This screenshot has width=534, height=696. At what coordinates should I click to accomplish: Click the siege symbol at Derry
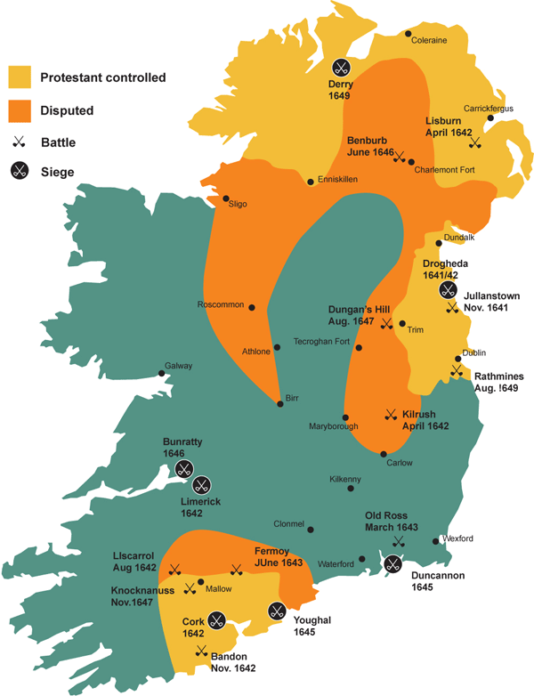pyautogui.click(x=341, y=67)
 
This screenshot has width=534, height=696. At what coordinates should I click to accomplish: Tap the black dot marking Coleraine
pyautogui.click(x=409, y=34)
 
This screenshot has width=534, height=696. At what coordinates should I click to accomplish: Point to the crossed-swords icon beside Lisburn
pyautogui.click(x=475, y=142)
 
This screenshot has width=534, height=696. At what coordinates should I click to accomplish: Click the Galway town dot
pyautogui.click(x=161, y=373)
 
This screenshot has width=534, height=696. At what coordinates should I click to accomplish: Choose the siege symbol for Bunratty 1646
pyautogui.click(x=183, y=469)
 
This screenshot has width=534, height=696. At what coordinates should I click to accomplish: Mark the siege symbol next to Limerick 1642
pyautogui.click(x=202, y=485)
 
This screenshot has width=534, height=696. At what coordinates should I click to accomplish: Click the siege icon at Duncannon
pyautogui.click(x=392, y=562)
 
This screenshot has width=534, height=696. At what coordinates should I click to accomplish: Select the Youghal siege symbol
pyautogui.click(x=277, y=611)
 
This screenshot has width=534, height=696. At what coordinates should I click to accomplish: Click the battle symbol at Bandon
pyautogui.click(x=202, y=650)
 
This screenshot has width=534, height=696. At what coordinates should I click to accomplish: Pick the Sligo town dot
pyautogui.click(x=225, y=198)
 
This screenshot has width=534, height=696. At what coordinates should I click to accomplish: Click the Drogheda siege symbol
pyautogui.click(x=447, y=289)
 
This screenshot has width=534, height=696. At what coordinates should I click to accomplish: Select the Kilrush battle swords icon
pyautogui.click(x=389, y=414)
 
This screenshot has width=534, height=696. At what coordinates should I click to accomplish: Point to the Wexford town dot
pyautogui.click(x=435, y=539)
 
